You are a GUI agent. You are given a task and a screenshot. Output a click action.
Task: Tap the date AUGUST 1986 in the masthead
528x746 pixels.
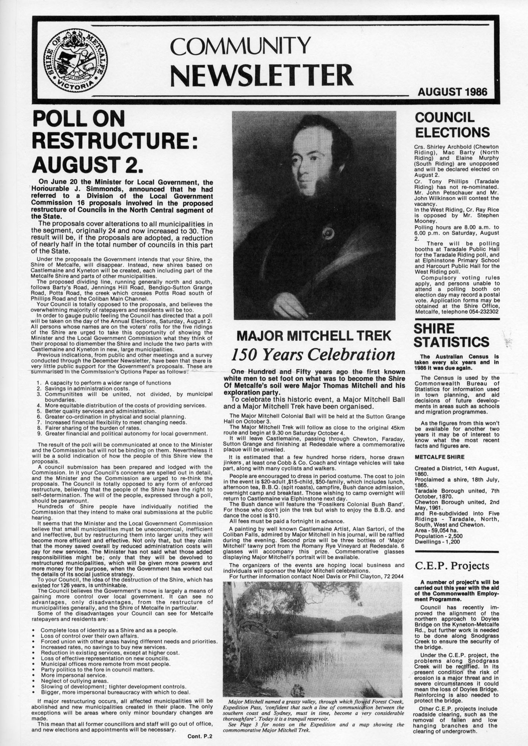(452, 91)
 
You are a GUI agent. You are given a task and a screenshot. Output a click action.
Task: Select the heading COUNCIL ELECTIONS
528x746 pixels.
(452, 125)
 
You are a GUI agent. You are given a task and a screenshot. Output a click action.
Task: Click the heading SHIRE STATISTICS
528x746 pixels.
(451, 335)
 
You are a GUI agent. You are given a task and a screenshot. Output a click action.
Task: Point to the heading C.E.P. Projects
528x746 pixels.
(451, 566)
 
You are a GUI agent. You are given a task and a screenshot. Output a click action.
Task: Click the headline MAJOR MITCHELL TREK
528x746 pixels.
(314, 336)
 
